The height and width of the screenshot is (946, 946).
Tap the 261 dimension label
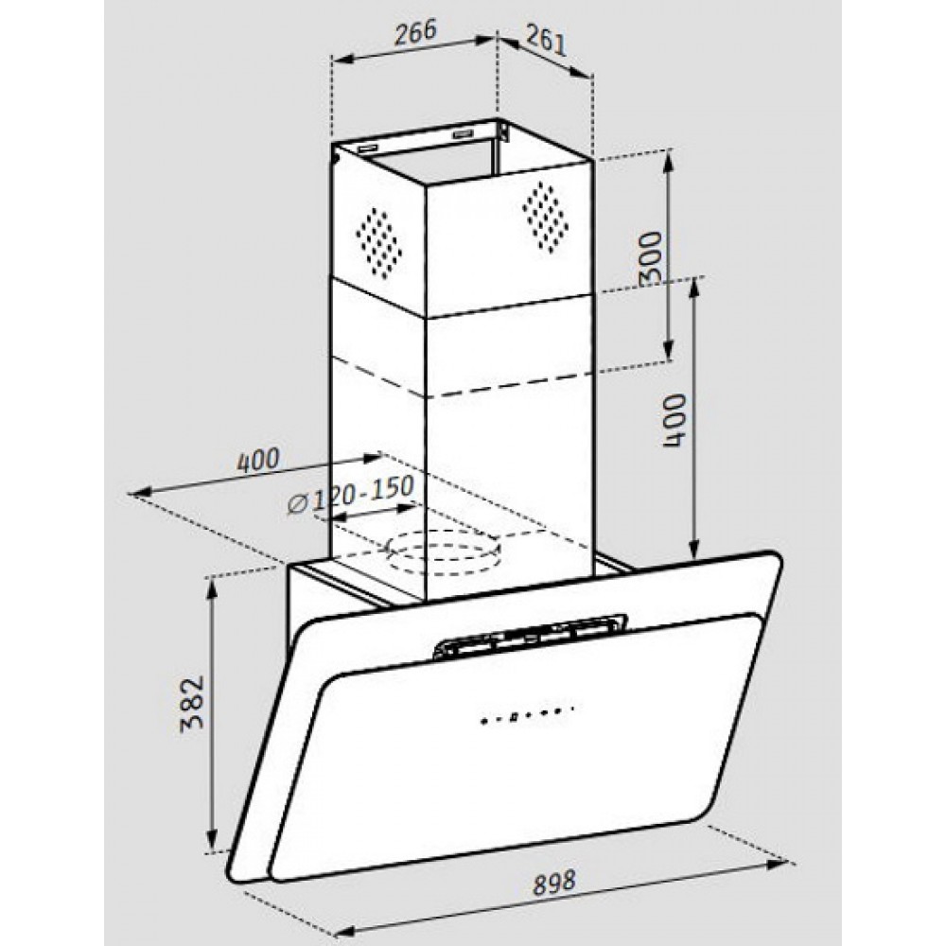pos(546,41)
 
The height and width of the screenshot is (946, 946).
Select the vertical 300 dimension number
pos(651,257)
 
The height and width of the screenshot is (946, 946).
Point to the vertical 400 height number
pos(674,420)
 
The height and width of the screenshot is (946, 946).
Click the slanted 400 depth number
pos(258,461)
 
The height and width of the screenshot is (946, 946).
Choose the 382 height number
pos(193,704)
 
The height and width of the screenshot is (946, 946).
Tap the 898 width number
pos(553,884)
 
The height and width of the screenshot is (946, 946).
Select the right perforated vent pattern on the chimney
pos(545,217)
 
